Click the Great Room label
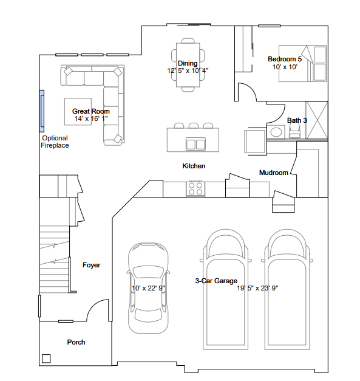[91, 111]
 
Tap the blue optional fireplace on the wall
[42, 111]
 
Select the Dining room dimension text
[188, 70]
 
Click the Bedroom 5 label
[285, 59]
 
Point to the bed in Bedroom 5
[302, 63]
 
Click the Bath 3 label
[297, 120]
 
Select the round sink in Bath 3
[276, 132]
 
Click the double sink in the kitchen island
[195, 144]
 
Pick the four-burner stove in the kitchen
[195, 189]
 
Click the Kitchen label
[194, 166]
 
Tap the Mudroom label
[274, 173]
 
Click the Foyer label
[91, 265]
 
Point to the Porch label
[76, 342]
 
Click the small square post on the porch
[46, 359]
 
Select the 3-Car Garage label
[216, 281]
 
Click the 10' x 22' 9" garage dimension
[148, 288]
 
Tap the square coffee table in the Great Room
[78, 112]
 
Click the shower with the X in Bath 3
[318, 120]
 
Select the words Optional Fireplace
[55, 142]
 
